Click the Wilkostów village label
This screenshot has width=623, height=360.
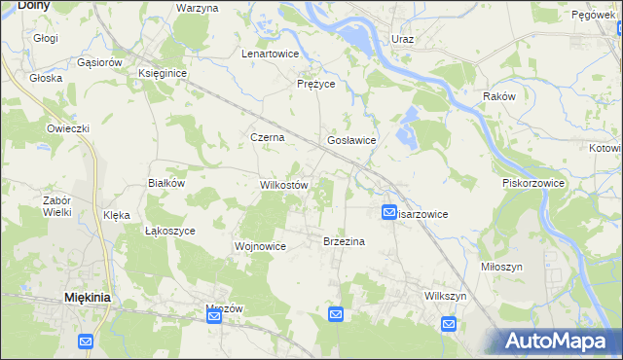pyautogui.click(x=284, y=185)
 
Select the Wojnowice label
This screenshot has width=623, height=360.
pyautogui.click(x=260, y=246)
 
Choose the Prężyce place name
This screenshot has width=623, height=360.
pyautogui.click(x=315, y=85)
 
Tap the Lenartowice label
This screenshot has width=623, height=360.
pyautogui.click(x=270, y=54)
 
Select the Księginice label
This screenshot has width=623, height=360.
pyautogui.click(x=163, y=73)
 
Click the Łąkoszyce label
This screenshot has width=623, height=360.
pyautogui.click(x=170, y=232)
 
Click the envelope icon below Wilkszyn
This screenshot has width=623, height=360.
pyautogui.click(x=449, y=323)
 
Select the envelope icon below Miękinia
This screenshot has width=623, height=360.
pyautogui.click(x=86, y=342)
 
